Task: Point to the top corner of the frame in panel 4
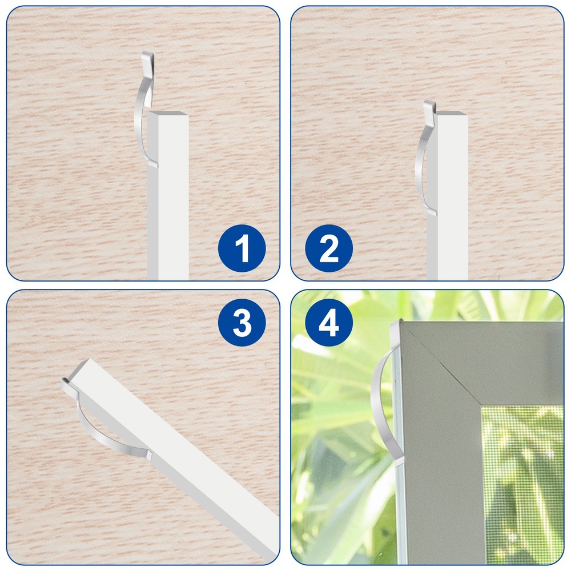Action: pos(398,323)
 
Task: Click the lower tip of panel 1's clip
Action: pos(152,164)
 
